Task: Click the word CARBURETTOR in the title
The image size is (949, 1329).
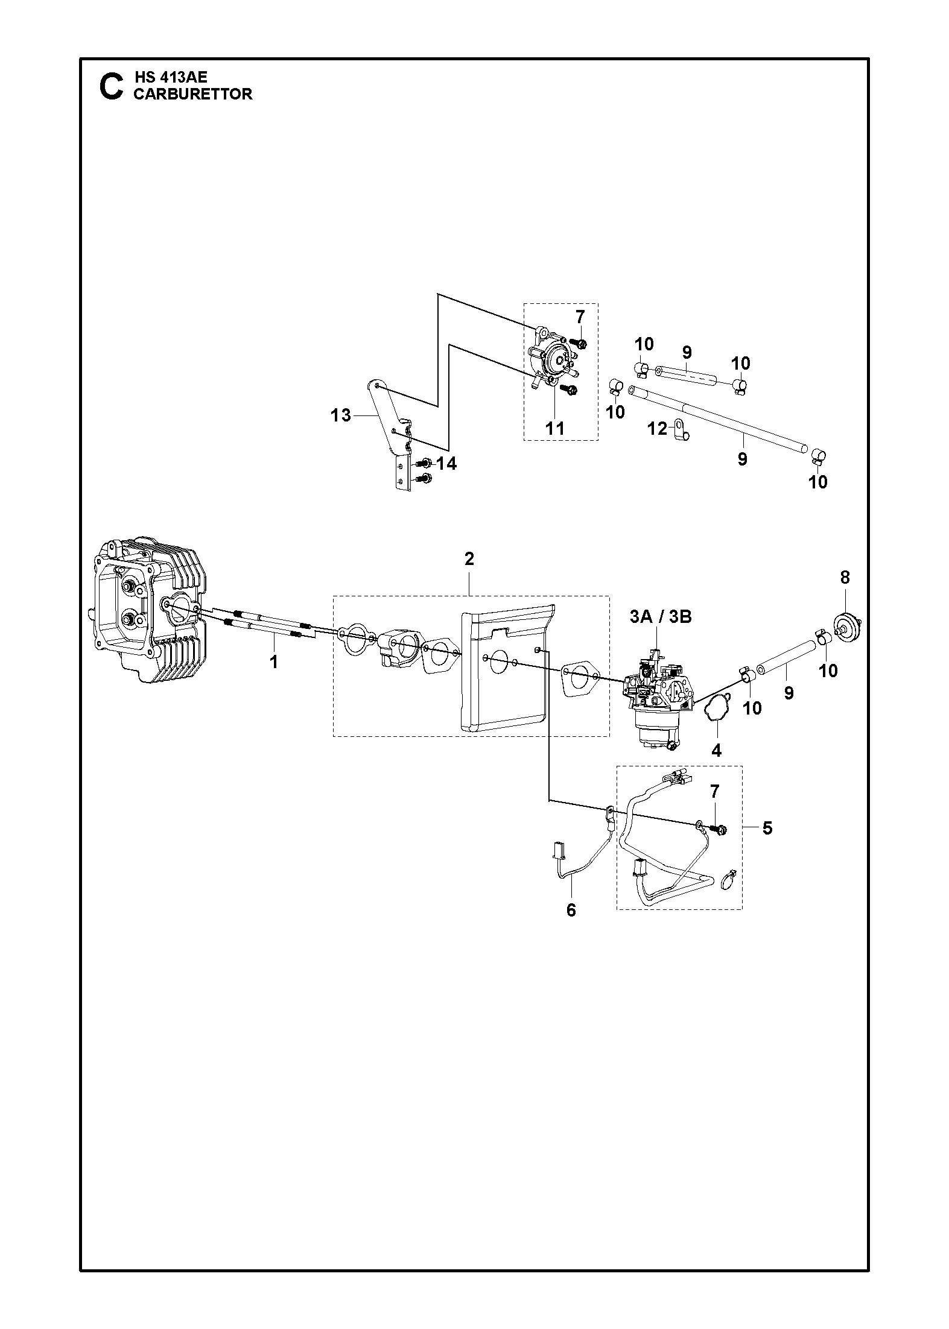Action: pyautogui.click(x=192, y=94)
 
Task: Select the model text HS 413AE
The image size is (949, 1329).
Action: pyautogui.click(x=170, y=78)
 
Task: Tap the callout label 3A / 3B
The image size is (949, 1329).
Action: pyautogui.click(x=660, y=617)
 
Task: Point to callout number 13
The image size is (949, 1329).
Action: pyautogui.click(x=341, y=415)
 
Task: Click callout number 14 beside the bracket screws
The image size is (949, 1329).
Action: pyautogui.click(x=446, y=464)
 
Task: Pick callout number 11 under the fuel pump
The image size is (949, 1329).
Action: pyautogui.click(x=554, y=428)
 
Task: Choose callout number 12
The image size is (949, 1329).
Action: pyautogui.click(x=658, y=429)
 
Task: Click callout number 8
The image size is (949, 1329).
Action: pyautogui.click(x=845, y=577)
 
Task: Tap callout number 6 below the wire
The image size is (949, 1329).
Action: pyautogui.click(x=571, y=927)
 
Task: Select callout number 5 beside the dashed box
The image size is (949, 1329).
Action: pyautogui.click(x=767, y=828)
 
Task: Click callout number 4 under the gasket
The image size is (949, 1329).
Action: pyautogui.click(x=716, y=750)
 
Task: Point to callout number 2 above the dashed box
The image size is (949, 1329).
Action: pyautogui.click(x=469, y=559)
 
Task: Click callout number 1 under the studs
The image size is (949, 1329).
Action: pyautogui.click(x=274, y=662)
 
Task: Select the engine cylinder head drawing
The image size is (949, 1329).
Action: pyautogui.click(x=148, y=609)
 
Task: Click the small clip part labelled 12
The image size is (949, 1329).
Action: pyautogui.click(x=681, y=430)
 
